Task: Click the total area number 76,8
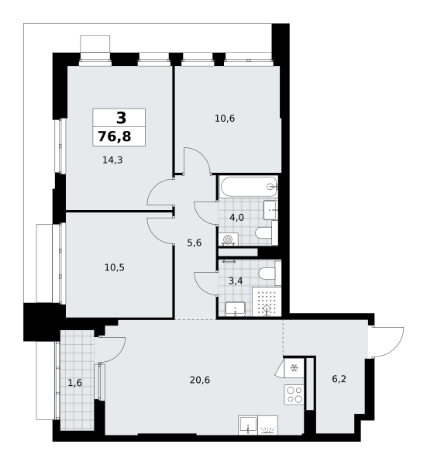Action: (115, 136)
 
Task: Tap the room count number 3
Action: (121, 118)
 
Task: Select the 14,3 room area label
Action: (112, 160)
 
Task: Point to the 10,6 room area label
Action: (225, 119)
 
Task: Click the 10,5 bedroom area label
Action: (115, 267)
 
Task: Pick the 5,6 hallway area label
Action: (195, 243)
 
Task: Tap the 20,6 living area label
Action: (200, 380)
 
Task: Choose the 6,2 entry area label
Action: (339, 379)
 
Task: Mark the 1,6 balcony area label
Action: (74, 383)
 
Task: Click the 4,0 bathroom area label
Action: (237, 218)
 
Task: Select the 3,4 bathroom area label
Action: (236, 281)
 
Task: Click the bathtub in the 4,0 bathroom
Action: (249, 186)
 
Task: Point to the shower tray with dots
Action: (267, 301)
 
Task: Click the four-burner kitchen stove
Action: (294, 394)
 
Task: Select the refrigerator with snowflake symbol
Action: (294, 368)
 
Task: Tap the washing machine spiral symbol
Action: (229, 239)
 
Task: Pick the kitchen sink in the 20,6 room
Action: (248, 425)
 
